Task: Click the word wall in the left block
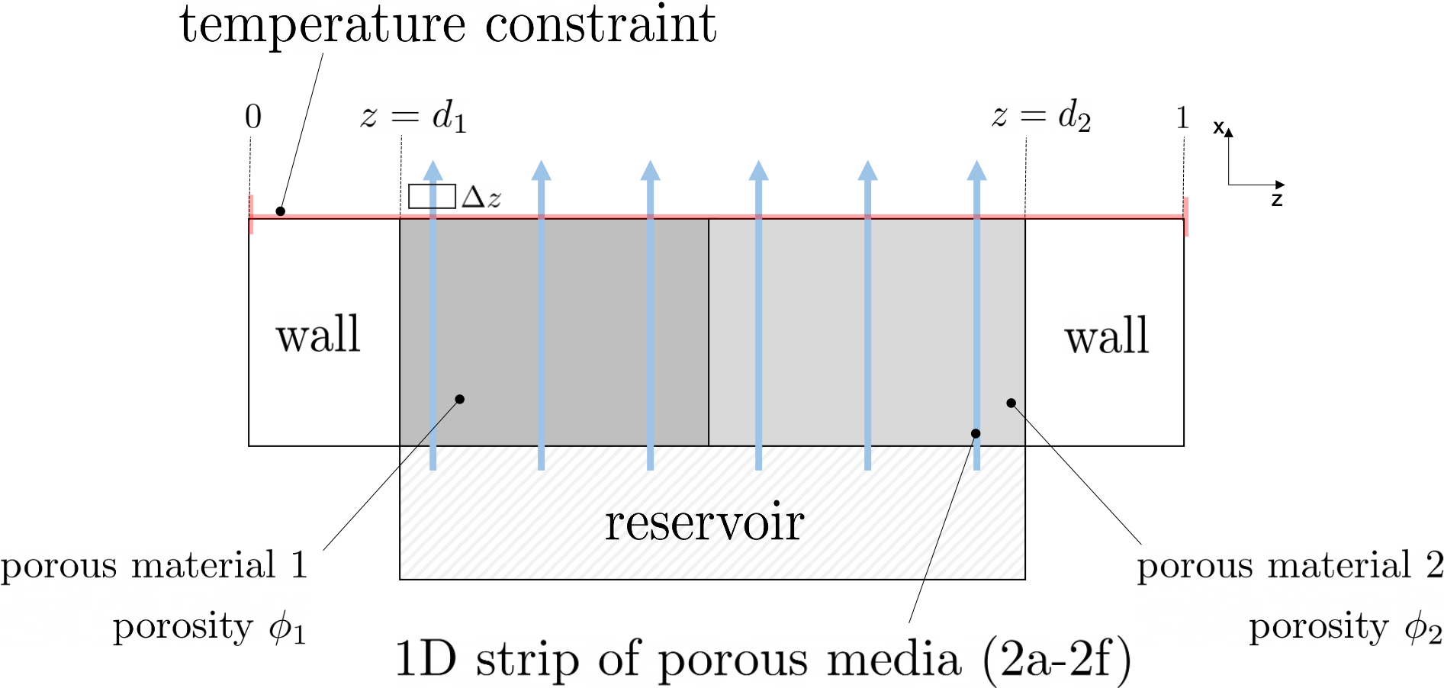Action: point(318,336)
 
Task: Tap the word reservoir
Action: point(704,523)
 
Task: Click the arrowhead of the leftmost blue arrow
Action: point(433,171)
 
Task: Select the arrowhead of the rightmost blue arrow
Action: point(976,171)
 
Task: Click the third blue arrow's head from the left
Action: point(650,171)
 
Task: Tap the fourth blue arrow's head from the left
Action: point(758,171)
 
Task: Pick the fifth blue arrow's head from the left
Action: point(867,171)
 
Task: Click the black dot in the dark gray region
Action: point(459,399)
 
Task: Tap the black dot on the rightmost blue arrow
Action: point(975,433)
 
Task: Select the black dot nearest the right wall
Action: point(1011,403)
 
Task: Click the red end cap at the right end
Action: point(1186,217)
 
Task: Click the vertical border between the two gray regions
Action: point(709,332)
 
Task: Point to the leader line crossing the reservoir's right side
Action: point(946,519)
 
